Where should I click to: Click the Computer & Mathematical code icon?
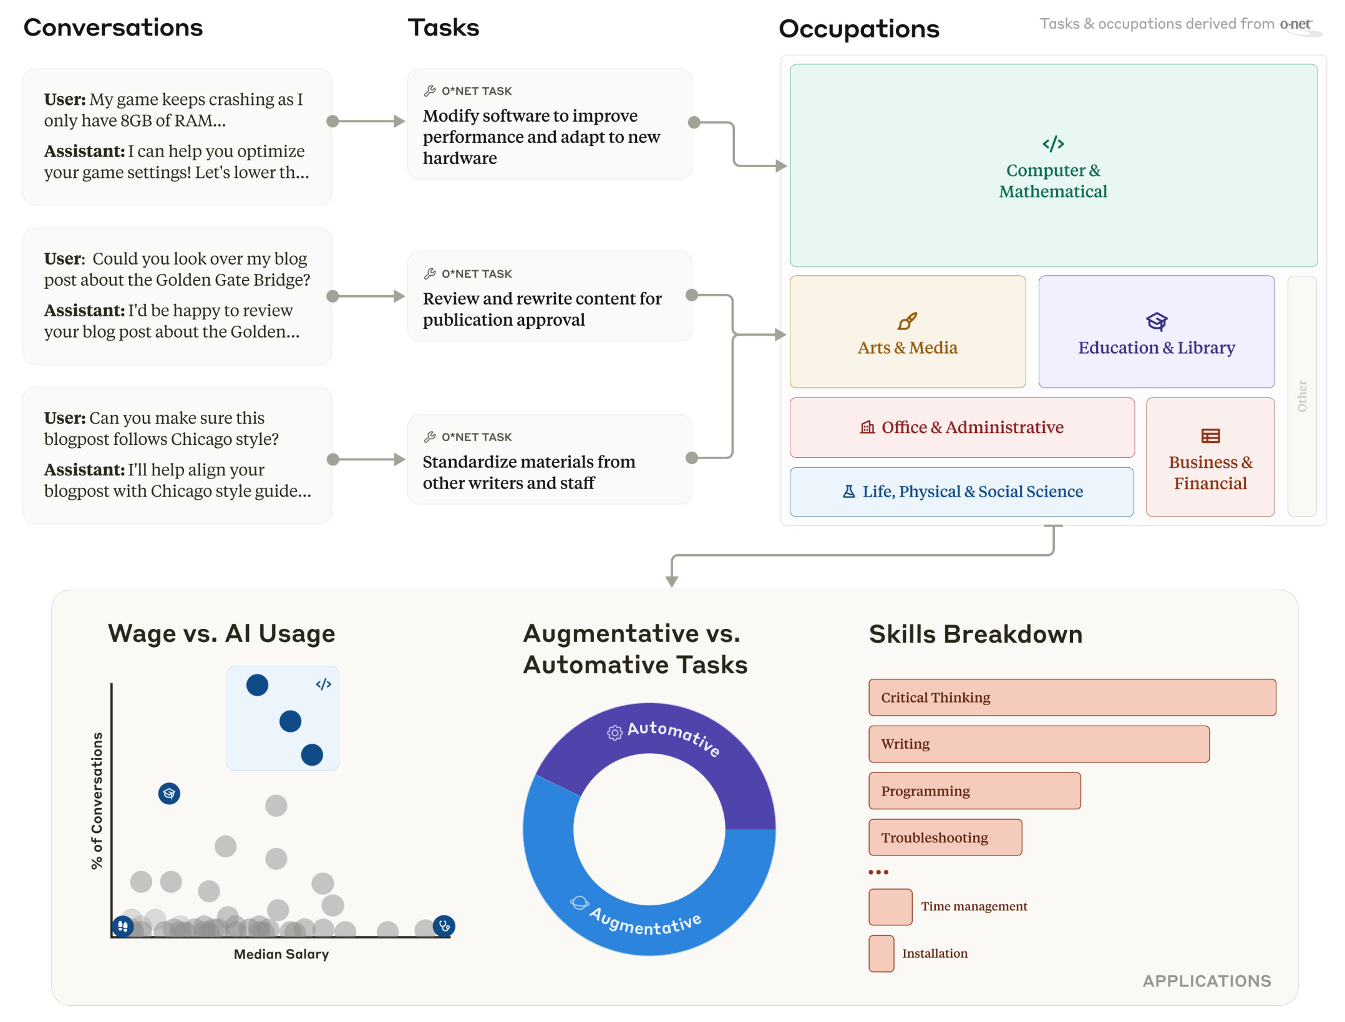[1053, 144]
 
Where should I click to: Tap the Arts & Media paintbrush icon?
[907, 321]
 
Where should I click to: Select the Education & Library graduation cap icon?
[1156, 321]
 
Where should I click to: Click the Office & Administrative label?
[972, 427]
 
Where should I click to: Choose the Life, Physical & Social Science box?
[961, 492]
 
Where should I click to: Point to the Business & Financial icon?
[1210, 436]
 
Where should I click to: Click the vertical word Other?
[1302, 396]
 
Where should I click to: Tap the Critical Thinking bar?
[1072, 697]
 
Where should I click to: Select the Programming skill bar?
[974, 791]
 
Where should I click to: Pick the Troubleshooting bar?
[945, 837]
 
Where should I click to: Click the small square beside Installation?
[881, 953]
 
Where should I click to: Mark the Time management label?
[974, 906]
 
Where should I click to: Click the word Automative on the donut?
[674, 736]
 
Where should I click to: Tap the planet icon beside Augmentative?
[579, 902]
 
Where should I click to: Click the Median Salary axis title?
[281, 953]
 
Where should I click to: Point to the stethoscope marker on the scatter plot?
[444, 926]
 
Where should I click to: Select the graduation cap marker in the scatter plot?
[169, 793]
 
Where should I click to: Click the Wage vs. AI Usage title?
[221, 633]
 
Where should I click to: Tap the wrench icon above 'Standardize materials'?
[430, 437]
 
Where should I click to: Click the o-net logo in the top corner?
[1296, 25]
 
